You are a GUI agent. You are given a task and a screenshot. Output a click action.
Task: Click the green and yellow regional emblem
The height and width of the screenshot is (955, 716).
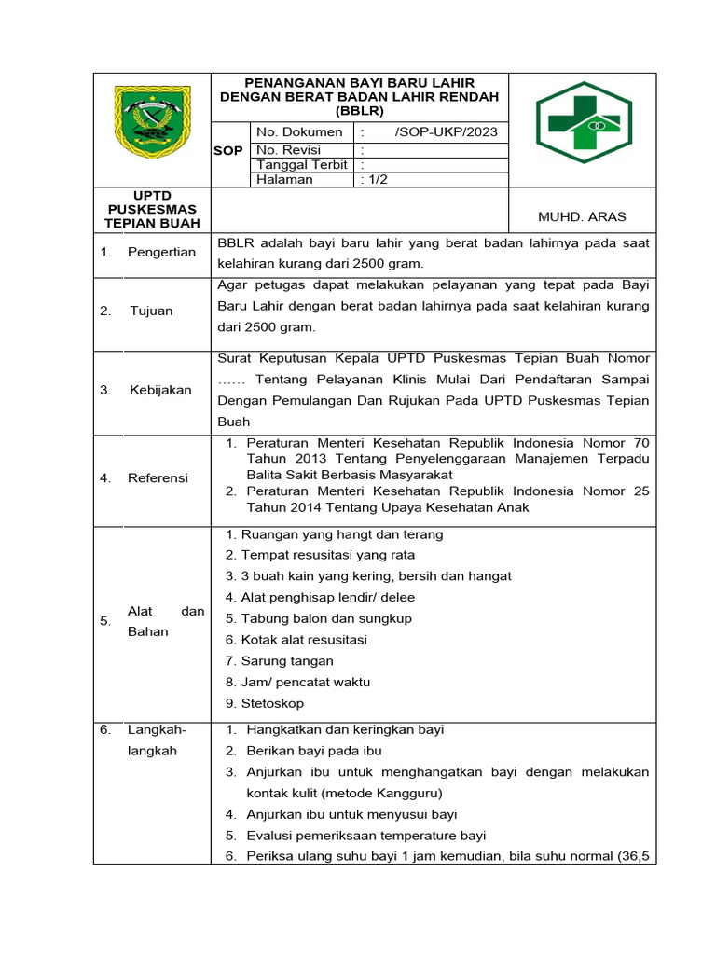coord(152,122)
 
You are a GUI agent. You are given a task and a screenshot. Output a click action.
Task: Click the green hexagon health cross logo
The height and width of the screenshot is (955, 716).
coord(583,121)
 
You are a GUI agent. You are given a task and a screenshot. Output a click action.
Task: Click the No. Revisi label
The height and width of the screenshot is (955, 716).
coord(288,149)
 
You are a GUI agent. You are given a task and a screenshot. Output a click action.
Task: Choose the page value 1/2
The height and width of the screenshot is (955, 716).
coord(375,180)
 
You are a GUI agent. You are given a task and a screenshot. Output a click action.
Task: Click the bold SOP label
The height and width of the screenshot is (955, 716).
coord(228,150)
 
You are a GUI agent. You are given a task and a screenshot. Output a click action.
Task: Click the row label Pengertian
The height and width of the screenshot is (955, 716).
coord(161,253)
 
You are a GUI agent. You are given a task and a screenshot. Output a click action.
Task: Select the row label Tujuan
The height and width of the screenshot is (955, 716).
coord(151,311)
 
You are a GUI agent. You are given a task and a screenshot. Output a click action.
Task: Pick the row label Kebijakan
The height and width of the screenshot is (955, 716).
coord(160,390)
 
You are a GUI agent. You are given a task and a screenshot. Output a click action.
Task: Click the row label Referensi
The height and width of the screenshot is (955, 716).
coord(158,477)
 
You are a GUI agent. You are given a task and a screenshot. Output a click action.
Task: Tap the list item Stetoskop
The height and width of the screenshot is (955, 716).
coord(271,703)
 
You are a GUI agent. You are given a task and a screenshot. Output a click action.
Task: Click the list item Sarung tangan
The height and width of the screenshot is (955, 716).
coord(286,660)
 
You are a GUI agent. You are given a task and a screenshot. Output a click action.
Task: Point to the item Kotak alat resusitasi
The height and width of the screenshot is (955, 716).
coord(303,640)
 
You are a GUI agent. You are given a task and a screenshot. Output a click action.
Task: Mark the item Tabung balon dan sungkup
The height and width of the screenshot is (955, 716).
coord(325,618)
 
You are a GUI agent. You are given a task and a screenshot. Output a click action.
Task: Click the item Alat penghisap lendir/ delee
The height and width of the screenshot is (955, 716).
coord(327,597)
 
